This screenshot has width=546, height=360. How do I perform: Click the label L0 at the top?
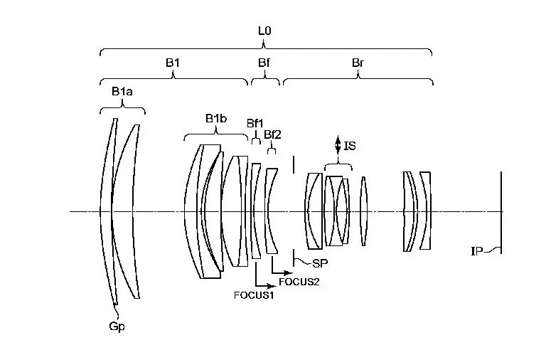(x=264, y=31)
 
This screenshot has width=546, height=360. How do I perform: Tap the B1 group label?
(x=173, y=63)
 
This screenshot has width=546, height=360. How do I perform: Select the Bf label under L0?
(x=264, y=63)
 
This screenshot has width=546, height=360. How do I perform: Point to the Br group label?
(x=358, y=63)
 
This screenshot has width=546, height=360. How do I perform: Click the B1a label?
(x=122, y=92)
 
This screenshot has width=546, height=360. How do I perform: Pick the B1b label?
(x=216, y=119)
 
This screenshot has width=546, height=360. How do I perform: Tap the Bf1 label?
(x=255, y=123)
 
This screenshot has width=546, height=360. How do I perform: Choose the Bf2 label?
(x=272, y=134)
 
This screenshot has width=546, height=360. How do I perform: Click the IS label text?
(x=350, y=146)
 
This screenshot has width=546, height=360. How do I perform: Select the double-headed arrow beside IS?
(x=338, y=144)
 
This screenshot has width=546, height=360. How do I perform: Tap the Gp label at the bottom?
(x=117, y=327)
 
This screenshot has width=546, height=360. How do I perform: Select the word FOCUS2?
(x=299, y=282)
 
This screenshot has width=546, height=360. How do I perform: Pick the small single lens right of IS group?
(x=363, y=211)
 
